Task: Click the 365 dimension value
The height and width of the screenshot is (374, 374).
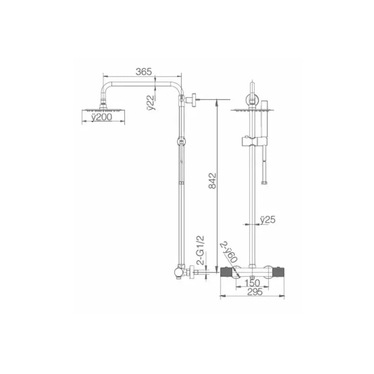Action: [x=144, y=72]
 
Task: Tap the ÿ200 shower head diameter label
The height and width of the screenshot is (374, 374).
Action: [x=102, y=117]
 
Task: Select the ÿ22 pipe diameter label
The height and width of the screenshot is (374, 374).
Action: [x=151, y=103]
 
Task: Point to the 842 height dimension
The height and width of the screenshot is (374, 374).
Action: [x=212, y=181]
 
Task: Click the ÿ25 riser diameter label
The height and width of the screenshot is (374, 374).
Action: [x=267, y=220]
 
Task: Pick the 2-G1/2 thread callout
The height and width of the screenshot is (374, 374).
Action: [x=201, y=250]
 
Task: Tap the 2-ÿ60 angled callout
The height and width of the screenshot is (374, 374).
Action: [x=229, y=252]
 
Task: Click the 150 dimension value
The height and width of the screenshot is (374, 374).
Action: [x=252, y=283]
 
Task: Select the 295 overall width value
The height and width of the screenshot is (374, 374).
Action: [x=255, y=292]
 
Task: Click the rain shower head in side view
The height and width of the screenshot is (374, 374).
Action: [x=103, y=110]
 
